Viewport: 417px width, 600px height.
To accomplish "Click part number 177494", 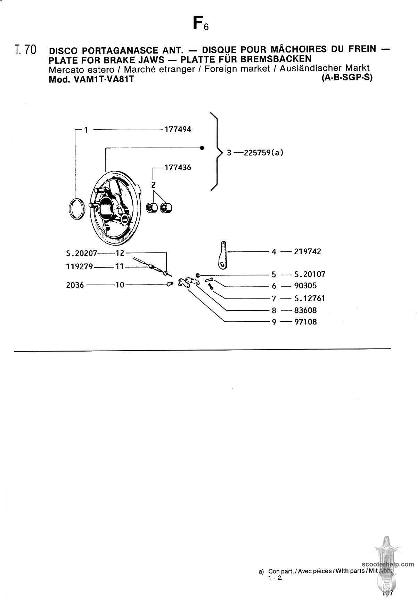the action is [x=178, y=129].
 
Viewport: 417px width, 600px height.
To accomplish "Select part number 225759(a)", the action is [x=264, y=153].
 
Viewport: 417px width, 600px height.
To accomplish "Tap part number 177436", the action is [x=178, y=168].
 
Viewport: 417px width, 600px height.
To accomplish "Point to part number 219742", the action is [x=308, y=251].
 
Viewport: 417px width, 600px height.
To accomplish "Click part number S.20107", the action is [x=310, y=274].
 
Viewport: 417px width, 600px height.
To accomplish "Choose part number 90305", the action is [x=305, y=286].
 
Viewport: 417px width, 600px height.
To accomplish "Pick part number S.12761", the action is [x=310, y=298].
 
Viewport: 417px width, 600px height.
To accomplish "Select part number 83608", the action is [x=305, y=310].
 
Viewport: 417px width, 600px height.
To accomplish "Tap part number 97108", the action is [x=305, y=322].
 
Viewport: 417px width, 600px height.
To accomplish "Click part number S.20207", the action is [x=82, y=253].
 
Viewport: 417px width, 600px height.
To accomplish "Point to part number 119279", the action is [x=80, y=267].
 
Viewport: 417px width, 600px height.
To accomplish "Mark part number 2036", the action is [x=75, y=285].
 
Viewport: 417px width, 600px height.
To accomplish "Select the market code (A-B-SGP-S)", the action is [x=347, y=78].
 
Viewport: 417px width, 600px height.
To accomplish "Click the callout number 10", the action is [x=120, y=285].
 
